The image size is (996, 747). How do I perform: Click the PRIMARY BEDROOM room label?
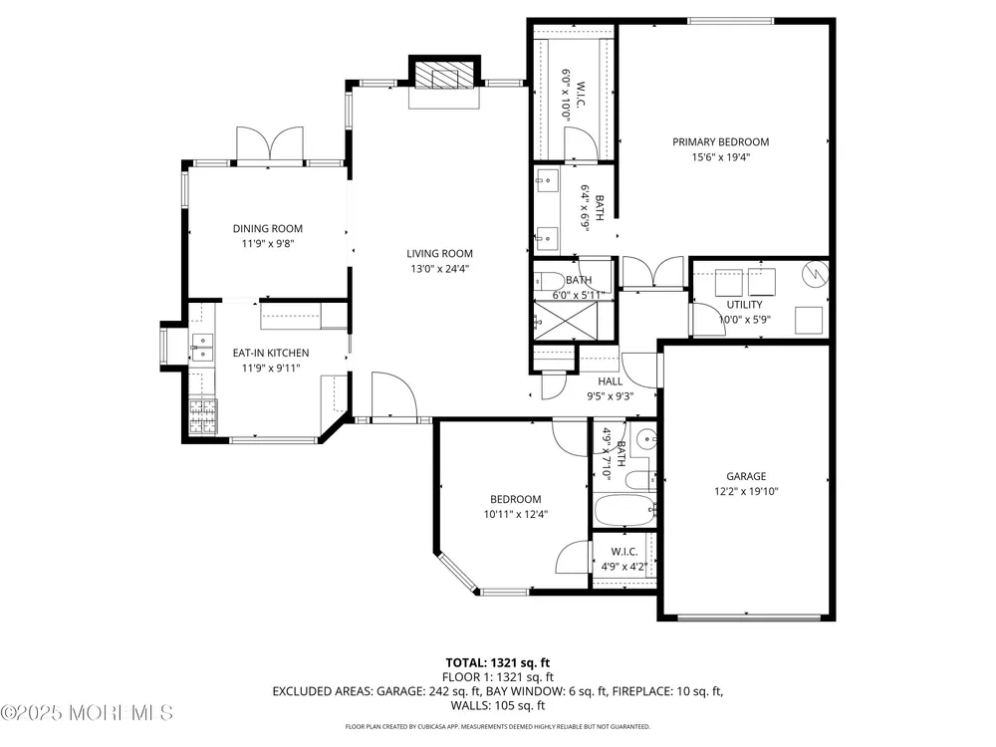[720, 141]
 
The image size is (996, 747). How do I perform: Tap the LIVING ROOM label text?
[439, 253]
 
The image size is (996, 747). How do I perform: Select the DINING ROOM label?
[267, 229]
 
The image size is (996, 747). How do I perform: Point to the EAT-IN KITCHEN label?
[271, 353]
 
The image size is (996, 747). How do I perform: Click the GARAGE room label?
[746, 476]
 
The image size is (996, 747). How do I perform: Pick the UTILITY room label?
[744, 304]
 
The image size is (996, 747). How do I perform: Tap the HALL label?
[610, 381]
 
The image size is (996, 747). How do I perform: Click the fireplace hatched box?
[444, 75]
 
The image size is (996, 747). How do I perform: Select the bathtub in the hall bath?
[625, 510]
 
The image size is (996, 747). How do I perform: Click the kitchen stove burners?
[202, 416]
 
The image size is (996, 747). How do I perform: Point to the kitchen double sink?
[202, 347]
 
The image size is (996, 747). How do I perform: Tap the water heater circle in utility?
[816, 274]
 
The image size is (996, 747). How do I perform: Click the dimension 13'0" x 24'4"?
[439, 269]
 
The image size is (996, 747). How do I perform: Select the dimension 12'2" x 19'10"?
[746, 491]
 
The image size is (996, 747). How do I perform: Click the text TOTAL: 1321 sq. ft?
[497, 663]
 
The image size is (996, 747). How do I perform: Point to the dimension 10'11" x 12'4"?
[516, 515]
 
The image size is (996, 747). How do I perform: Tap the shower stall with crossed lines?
[565, 321]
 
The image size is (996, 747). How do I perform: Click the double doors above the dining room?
[270, 143]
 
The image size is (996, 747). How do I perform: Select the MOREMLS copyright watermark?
[87, 713]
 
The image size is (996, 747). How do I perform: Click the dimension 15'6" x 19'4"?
[721, 157]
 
